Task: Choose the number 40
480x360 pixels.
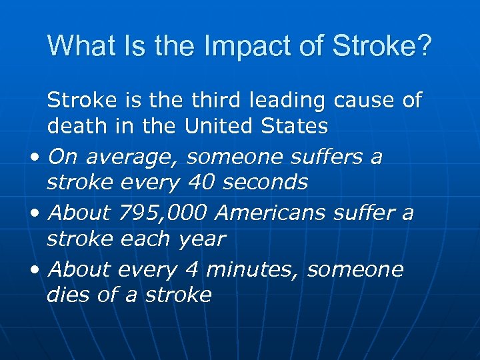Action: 201,181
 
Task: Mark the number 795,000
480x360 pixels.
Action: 163,214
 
